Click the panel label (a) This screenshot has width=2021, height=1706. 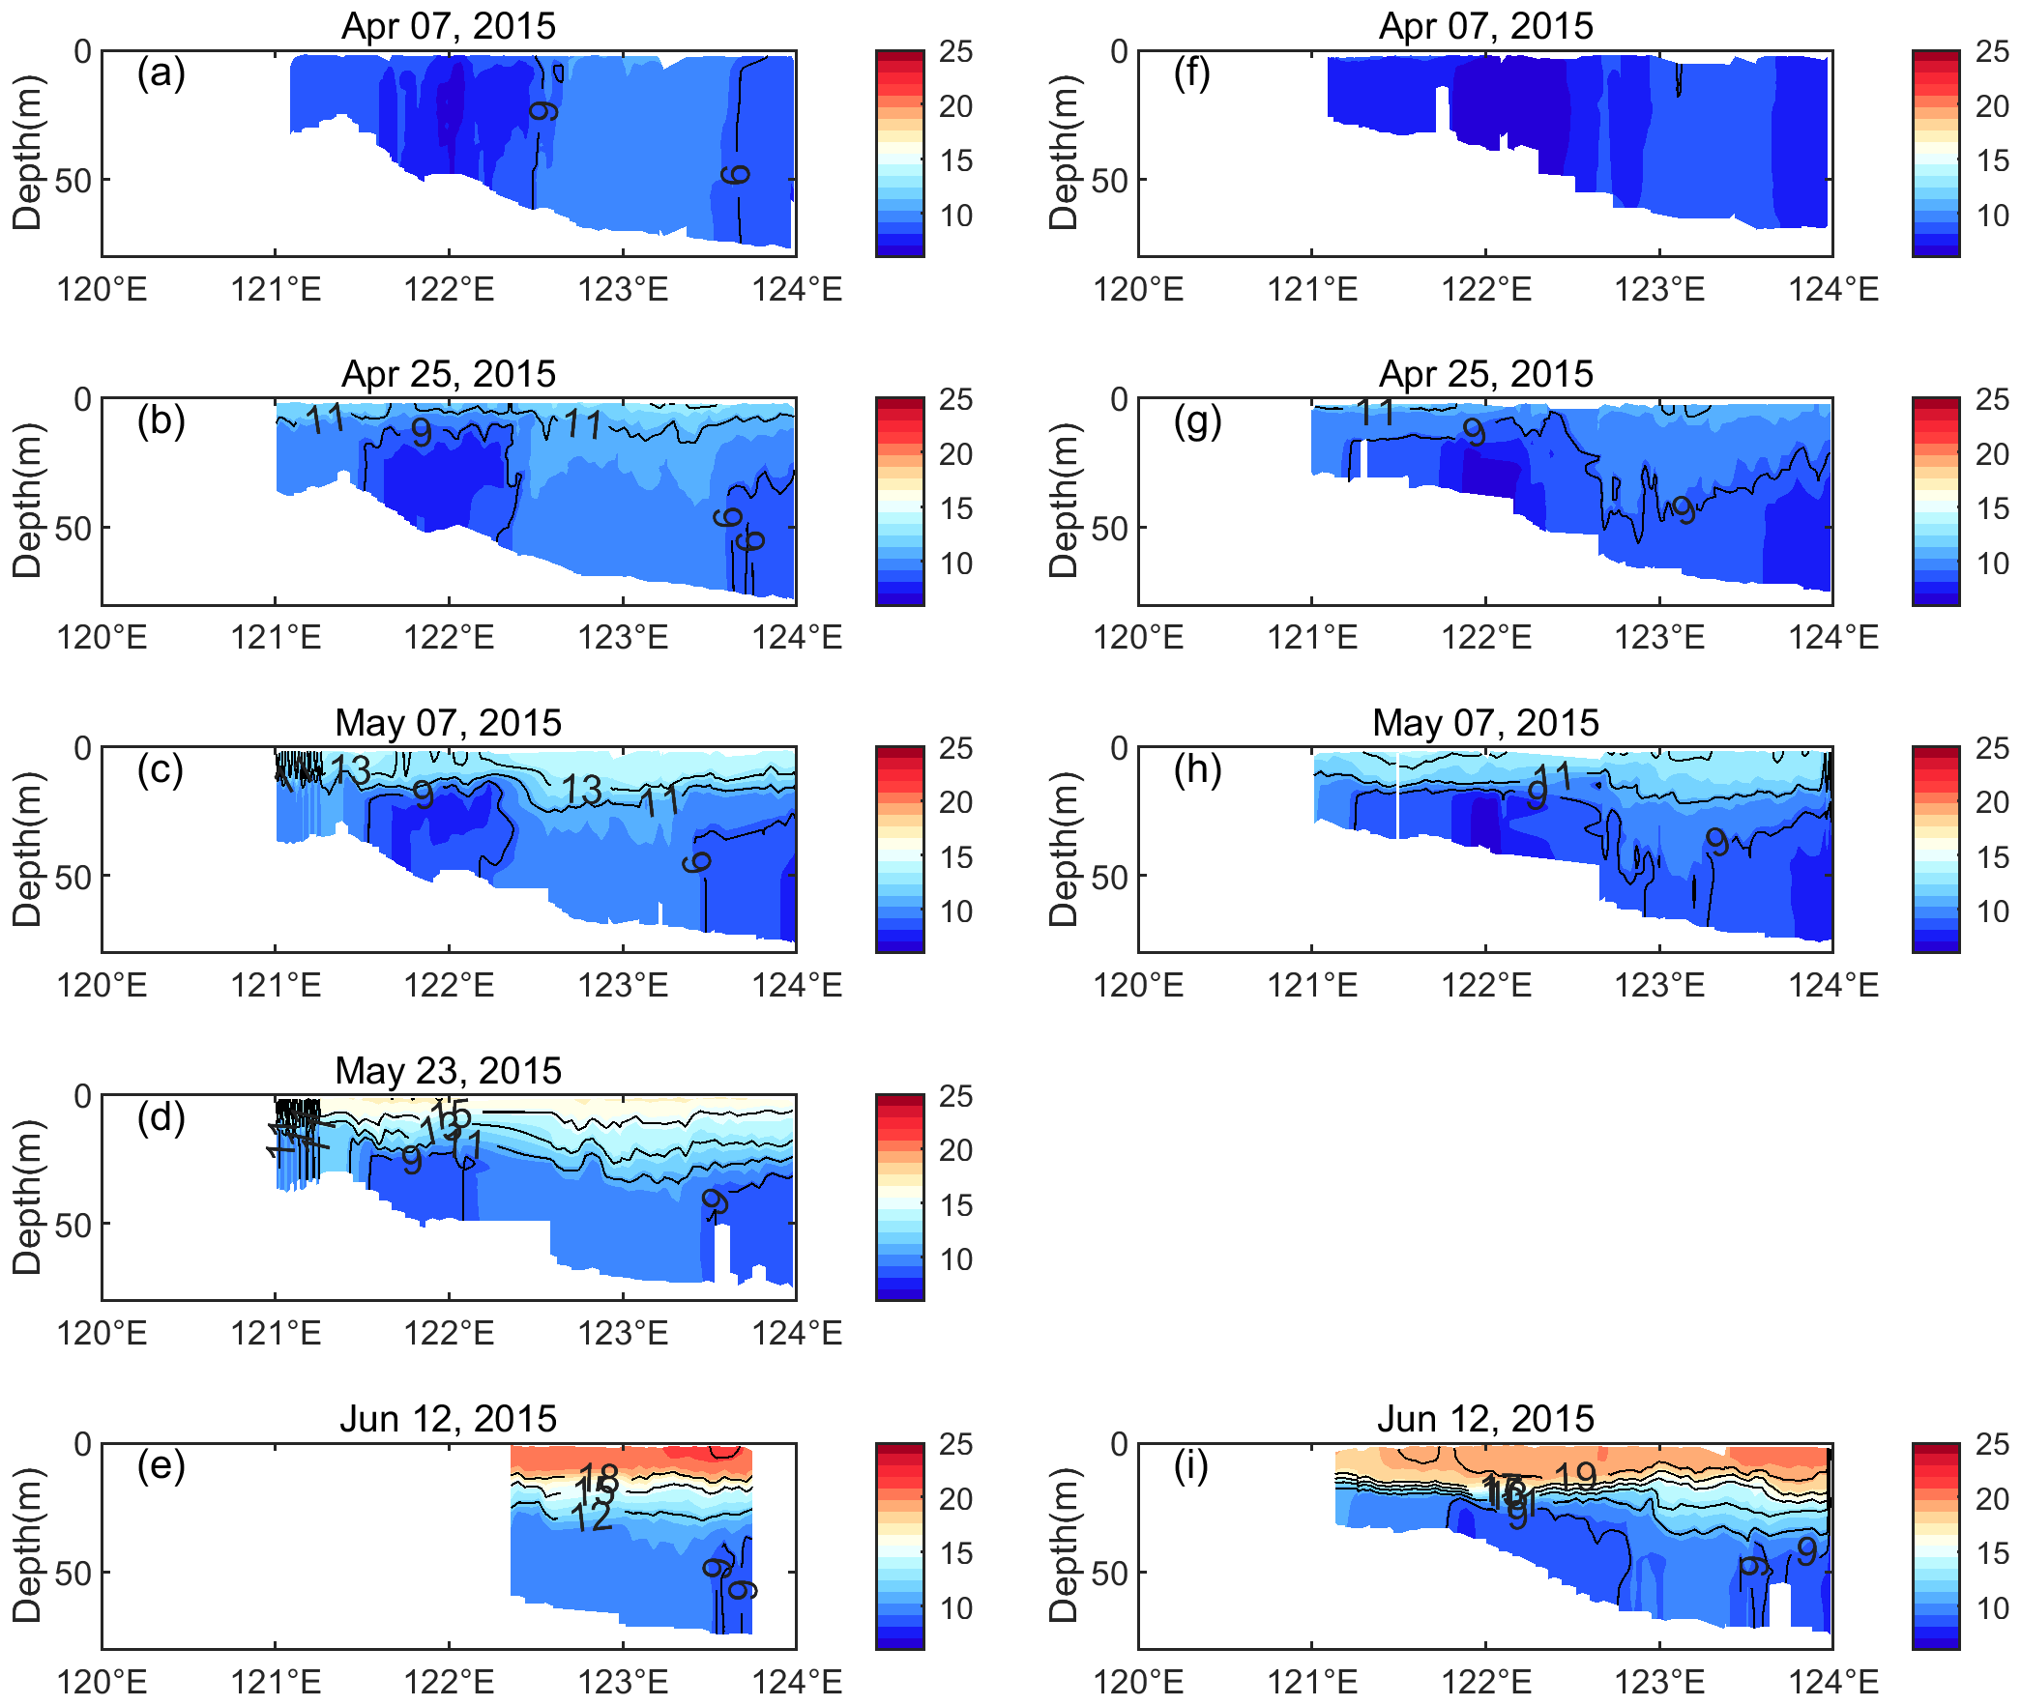[x=161, y=72]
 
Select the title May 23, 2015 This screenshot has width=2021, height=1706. [x=448, y=1071]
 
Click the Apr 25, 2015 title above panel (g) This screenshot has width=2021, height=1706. [x=1485, y=374]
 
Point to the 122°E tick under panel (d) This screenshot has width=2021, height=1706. [x=449, y=1333]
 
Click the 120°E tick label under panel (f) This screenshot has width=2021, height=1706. [x=1138, y=288]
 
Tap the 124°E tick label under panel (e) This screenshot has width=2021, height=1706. [x=796, y=1681]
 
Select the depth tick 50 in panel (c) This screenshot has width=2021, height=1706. [x=73, y=877]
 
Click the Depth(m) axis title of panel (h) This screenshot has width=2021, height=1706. [x=1063, y=849]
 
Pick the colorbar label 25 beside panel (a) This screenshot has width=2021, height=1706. [x=955, y=51]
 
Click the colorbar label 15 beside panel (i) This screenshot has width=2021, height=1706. [x=1992, y=1553]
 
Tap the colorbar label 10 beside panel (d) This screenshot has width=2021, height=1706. [x=955, y=1259]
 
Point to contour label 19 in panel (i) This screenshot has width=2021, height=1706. [x=1575, y=1475]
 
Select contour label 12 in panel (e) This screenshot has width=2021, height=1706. [x=591, y=1517]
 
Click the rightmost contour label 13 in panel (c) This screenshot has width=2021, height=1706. [x=582, y=790]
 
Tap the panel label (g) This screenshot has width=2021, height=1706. [x=1197, y=420]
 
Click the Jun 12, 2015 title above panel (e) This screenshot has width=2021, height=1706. [x=448, y=1419]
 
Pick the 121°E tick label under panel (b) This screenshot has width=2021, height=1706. [x=276, y=636]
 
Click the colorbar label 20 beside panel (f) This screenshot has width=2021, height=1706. [x=1992, y=106]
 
